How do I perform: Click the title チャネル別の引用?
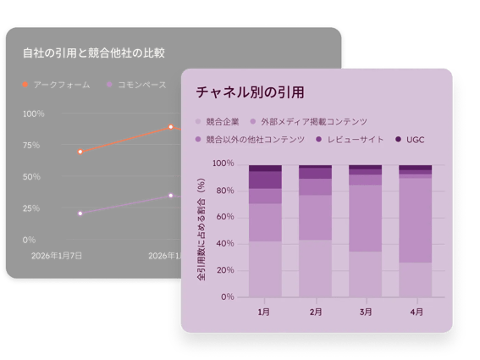click(250, 91)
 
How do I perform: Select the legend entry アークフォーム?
click(56, 85)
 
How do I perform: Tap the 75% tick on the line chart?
click(31, 145)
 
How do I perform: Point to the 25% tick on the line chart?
click(31, 208)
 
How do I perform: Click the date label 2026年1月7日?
click(57, 254)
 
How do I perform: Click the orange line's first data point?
click(80, 152)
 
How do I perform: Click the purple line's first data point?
click(80, 213)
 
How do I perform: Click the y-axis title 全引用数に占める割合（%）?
click(201, 230)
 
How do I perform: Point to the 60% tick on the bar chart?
click(223, 217)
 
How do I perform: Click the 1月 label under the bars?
click(264, 313)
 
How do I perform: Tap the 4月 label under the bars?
click(416, 313)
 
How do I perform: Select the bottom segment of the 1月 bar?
click(265, 269)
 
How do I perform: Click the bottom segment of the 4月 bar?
click(416, 280)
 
